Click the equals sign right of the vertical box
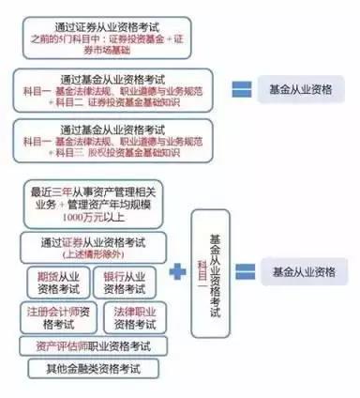click(247, 271)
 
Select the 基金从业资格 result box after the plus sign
click(303, 271)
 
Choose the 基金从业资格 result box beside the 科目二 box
click(303, 90)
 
